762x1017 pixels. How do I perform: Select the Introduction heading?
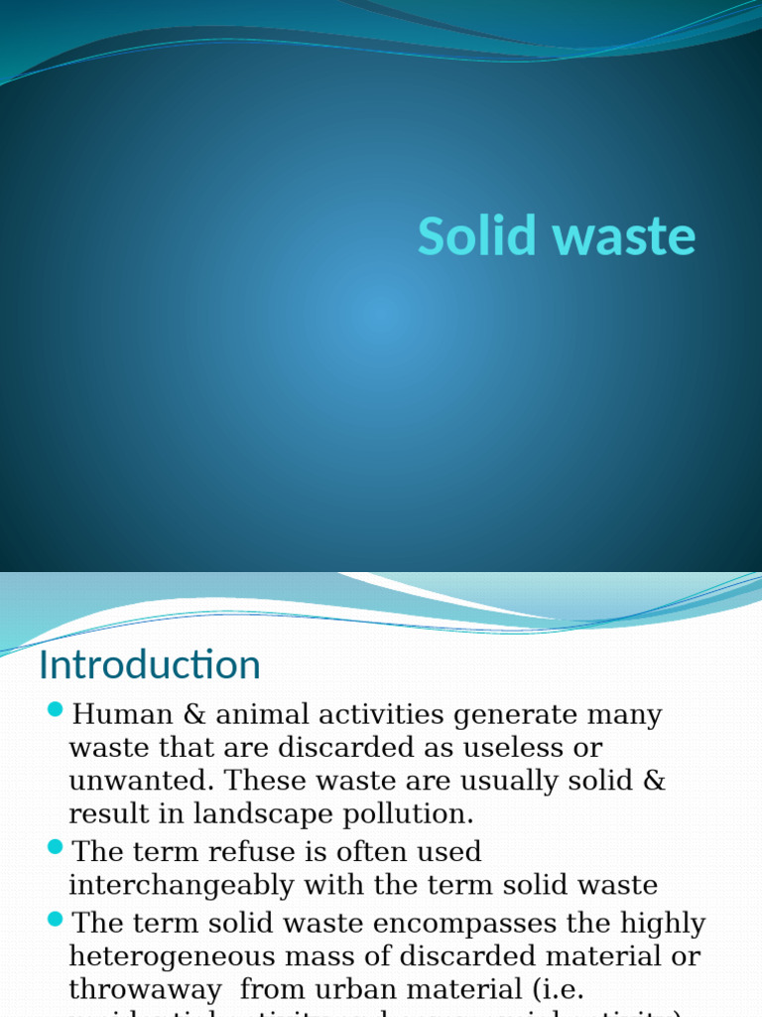pos(149,664)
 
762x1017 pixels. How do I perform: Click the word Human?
pos(118,714)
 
